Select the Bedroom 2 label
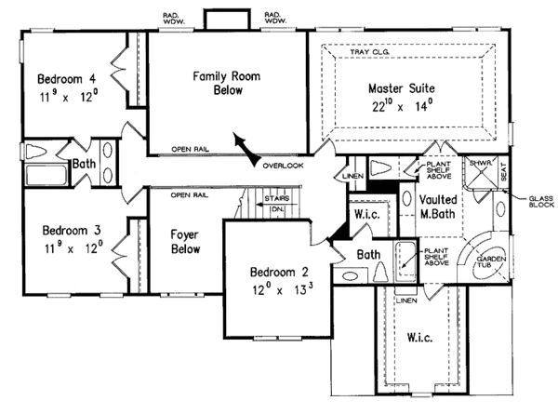pyautogui.click(x=273, y=273)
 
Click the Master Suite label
pyautogui.click(x=393, y=89)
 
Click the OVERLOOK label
pyautogui.click(x=282, y=166)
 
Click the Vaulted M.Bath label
pyautogui.click(x=436, y=207)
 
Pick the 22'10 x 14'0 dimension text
pyautogui.click(x=395, y=107)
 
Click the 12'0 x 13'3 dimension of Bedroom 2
pyautogui.click(x=274, y=290)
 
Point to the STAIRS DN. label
pyautogui.click(x=276, y=203)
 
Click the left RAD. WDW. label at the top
pyautogui.click(x=171, y=18)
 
